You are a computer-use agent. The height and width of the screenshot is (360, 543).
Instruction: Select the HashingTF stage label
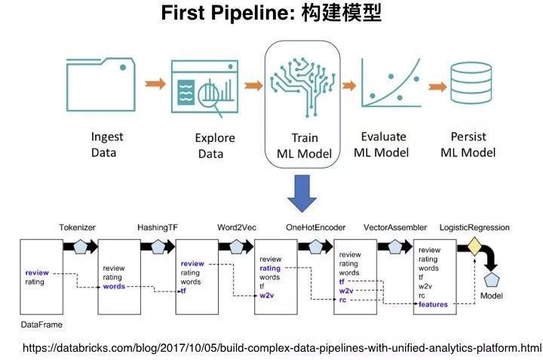(158, 227)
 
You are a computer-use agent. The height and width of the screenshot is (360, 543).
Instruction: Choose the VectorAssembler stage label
(394, 227)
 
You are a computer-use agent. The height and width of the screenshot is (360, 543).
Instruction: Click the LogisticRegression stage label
(474, 227)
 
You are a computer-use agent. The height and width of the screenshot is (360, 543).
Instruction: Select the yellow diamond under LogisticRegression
(474, 247)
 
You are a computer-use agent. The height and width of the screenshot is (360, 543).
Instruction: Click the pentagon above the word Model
(492, 280)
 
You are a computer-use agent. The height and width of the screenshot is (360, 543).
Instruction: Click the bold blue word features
(433, 305)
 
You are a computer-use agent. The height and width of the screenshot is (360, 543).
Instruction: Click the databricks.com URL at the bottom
(282, 348)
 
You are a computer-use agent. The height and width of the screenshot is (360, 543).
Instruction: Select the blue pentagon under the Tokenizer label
(80, 247)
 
